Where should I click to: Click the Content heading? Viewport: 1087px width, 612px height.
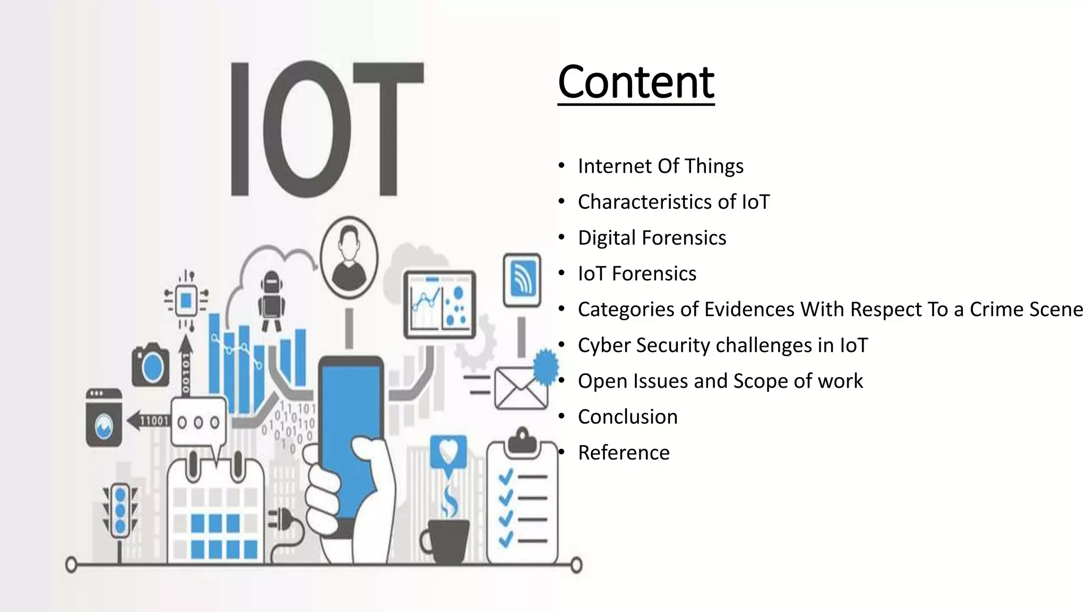(636, 82)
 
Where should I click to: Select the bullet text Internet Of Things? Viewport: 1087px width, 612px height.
(660, 166)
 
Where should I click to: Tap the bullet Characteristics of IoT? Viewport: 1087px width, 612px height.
(673, 202)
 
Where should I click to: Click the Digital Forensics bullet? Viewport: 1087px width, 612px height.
(652, 238)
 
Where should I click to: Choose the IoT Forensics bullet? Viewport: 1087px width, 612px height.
(637, 274)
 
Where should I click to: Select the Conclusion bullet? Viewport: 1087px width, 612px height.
(627, 417)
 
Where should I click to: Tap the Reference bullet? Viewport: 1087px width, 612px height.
(624, 453)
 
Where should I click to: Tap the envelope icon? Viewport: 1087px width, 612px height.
(520, 388)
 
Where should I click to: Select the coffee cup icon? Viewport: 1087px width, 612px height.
(446, 540)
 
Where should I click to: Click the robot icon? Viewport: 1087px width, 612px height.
(272, 300)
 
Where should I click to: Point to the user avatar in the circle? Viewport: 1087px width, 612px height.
(349, 256)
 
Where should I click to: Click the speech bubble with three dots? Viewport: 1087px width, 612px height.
(199, 422)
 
